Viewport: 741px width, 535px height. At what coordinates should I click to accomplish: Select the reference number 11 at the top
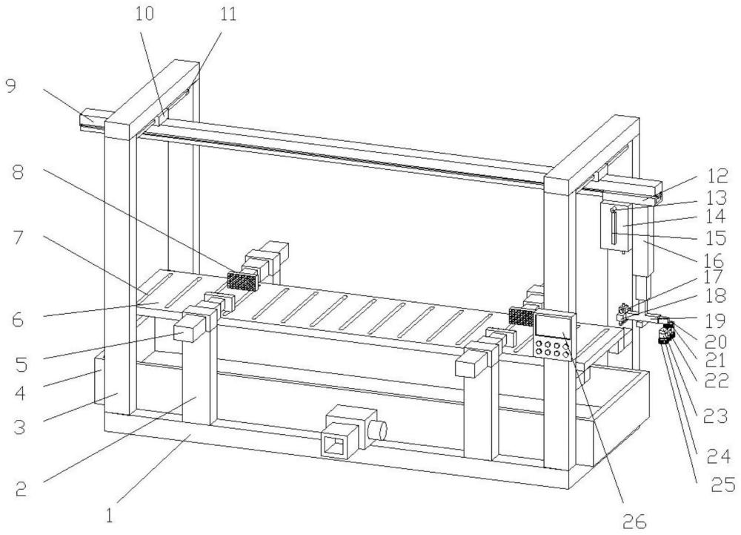coord(228,15)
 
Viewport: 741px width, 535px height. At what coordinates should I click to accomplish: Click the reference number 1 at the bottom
coord(110,513)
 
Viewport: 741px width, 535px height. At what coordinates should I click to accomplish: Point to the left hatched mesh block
coord(241,280)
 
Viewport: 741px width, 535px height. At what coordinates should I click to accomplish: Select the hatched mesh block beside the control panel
coord(521,317)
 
